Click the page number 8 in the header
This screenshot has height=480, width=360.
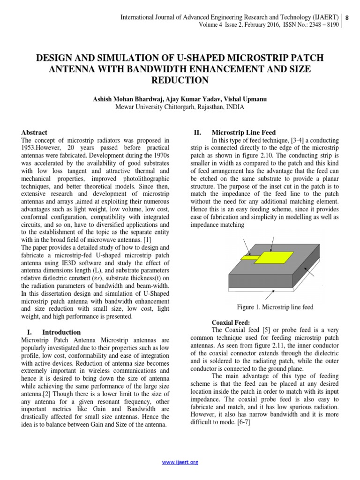[347, 18]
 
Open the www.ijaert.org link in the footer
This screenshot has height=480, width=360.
[180, 462]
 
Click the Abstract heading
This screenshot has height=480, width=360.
[35, 133]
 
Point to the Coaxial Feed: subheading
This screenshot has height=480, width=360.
[231, 322]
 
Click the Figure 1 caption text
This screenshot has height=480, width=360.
[275, 307]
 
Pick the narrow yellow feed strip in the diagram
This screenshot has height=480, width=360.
[248, 257]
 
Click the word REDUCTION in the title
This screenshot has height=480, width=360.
[180, 81]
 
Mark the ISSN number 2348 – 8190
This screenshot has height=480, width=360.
[320, 25]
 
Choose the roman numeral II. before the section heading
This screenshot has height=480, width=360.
[197, 133]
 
